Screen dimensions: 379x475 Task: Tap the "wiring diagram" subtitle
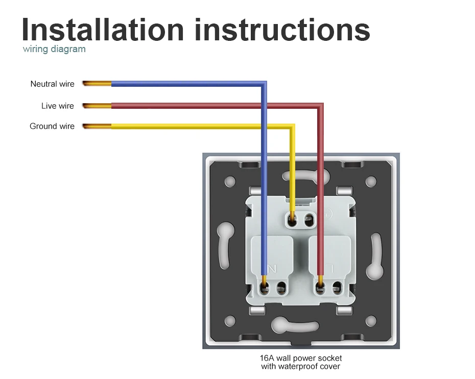point(54,50)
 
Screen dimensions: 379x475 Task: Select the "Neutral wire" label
point(52,84)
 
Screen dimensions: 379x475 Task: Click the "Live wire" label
point(57,106)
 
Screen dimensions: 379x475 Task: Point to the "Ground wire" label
point(52,126)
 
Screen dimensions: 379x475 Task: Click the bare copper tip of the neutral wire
point(97,83)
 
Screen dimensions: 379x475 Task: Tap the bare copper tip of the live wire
point(97,106)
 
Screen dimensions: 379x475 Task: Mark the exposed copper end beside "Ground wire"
point(97,126)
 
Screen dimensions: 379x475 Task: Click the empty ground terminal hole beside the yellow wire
point(308,221)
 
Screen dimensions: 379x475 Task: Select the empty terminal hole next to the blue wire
point(280,290)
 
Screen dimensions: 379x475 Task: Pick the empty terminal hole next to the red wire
point(337,290)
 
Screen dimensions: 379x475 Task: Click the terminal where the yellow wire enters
point(292,221)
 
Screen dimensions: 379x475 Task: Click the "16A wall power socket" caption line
point(300,358)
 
